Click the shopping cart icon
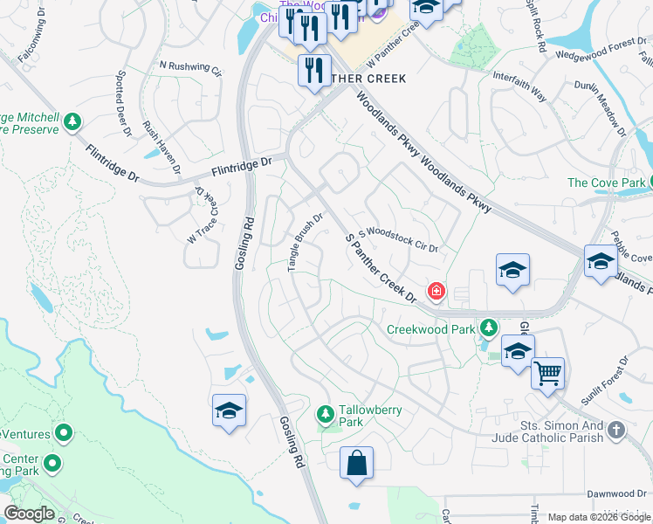click(x=547, y=373)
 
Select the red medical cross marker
click(x=435, y=291)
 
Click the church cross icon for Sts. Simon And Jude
click(x=616, y=430)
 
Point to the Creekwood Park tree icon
click(x=489, y=328)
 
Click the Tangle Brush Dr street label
click(x=306, y=242)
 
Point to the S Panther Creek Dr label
click(x=380, y=268)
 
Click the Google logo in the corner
click(x=30, y=513)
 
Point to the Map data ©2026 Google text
click(x=598, y=517)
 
